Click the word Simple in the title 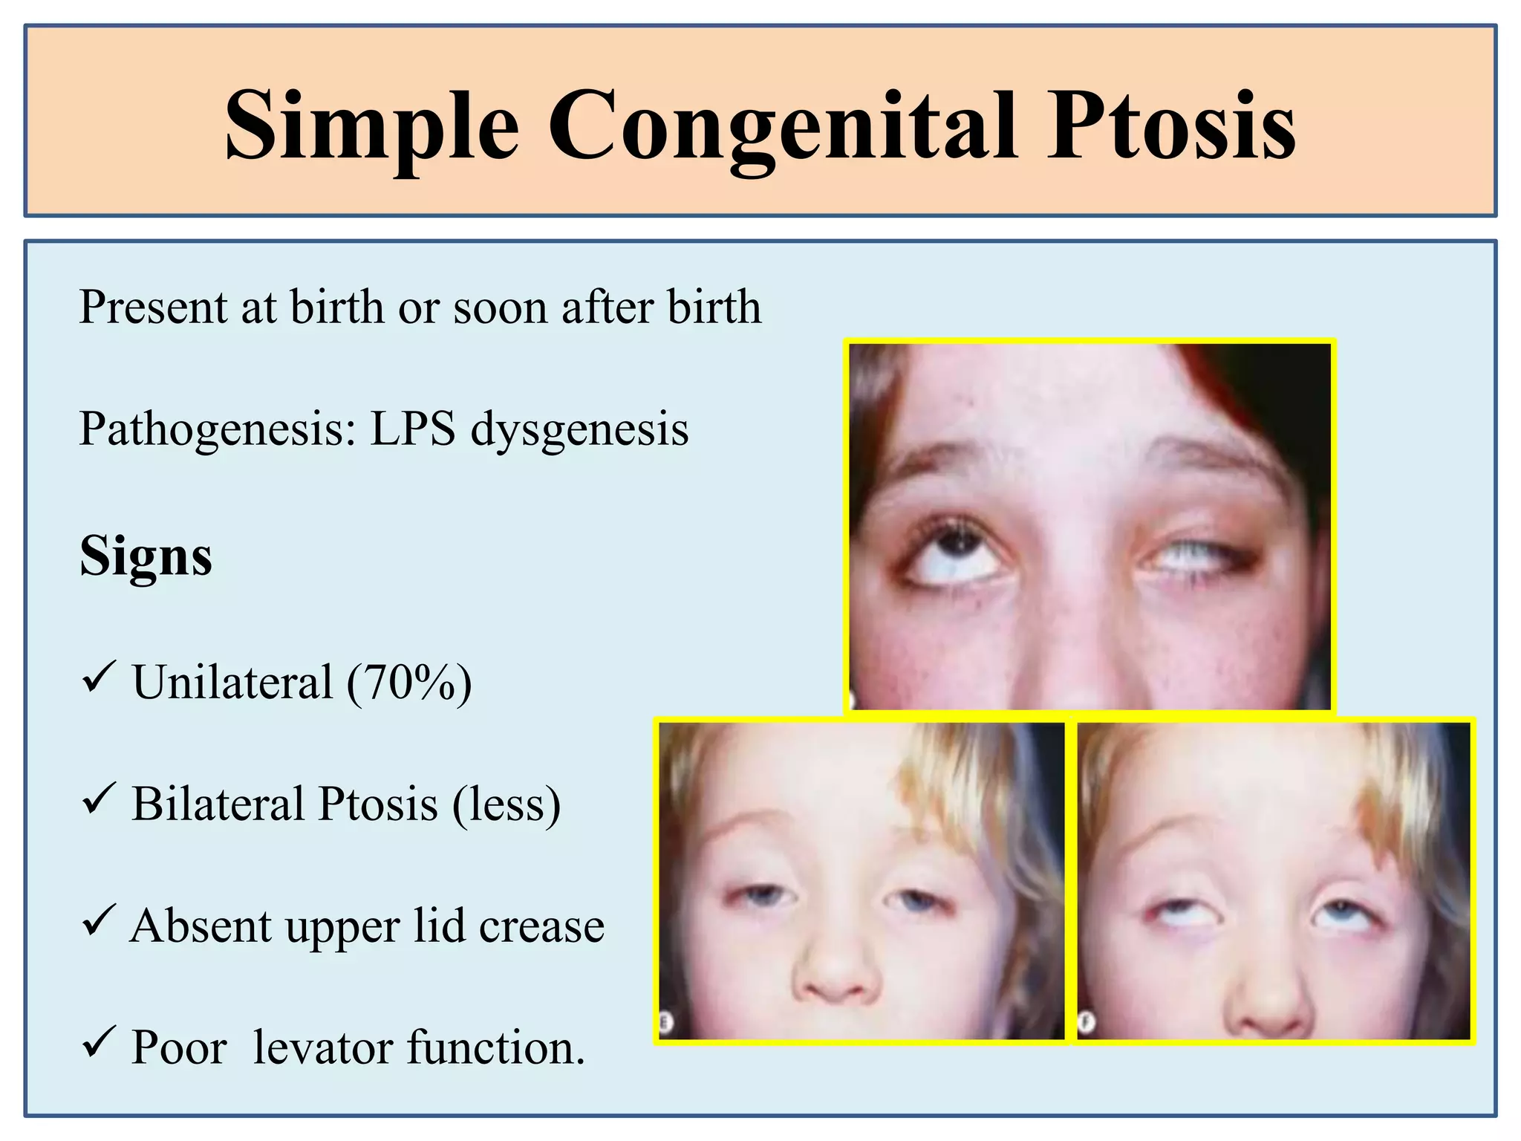[x=371, y=125]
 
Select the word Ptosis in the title [x=1171, y=125]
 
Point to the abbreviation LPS [x=413, y=429]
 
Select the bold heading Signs [x=146, y=556]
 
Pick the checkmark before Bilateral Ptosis [x=98, y=798]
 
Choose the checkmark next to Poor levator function [x=98, y=1041]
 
